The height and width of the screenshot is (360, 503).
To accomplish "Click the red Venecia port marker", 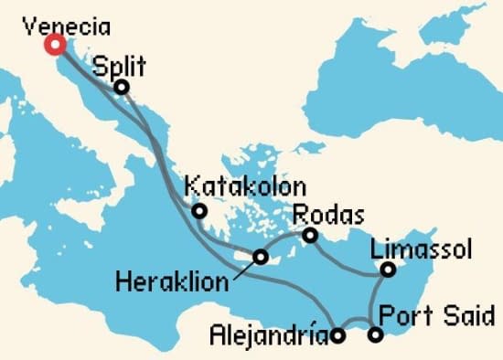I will pyautogui.click(x=55, y=44).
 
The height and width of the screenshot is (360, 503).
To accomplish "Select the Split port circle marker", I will pyautogui.click(x=121, y=87).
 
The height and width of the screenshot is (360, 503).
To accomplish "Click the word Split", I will pyautogui.click(x=120, y=66).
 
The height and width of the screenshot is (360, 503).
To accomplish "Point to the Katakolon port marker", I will pyautogui.click(x=198, y=213).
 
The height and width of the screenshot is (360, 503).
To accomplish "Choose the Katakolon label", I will pyautogui.click(x=244, y=187).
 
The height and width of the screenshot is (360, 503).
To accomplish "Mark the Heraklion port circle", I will pyautogui.click(x=261, y=256).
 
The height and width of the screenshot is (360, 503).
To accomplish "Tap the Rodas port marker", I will pyautogui.click(x=311, y=236).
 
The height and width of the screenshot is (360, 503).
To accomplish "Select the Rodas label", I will pyautogui.click(x=328, y=215).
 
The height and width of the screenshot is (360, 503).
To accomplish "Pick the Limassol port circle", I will pyautogui.click(x=388, y=270).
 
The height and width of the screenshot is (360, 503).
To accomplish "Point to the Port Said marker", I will pyautogui.click(x=375, y=335).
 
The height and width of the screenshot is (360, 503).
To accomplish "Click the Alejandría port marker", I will pyautogui.click(x=338, y=335).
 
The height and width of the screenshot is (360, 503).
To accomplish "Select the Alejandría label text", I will pyautogui.click(x=266, y=335).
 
